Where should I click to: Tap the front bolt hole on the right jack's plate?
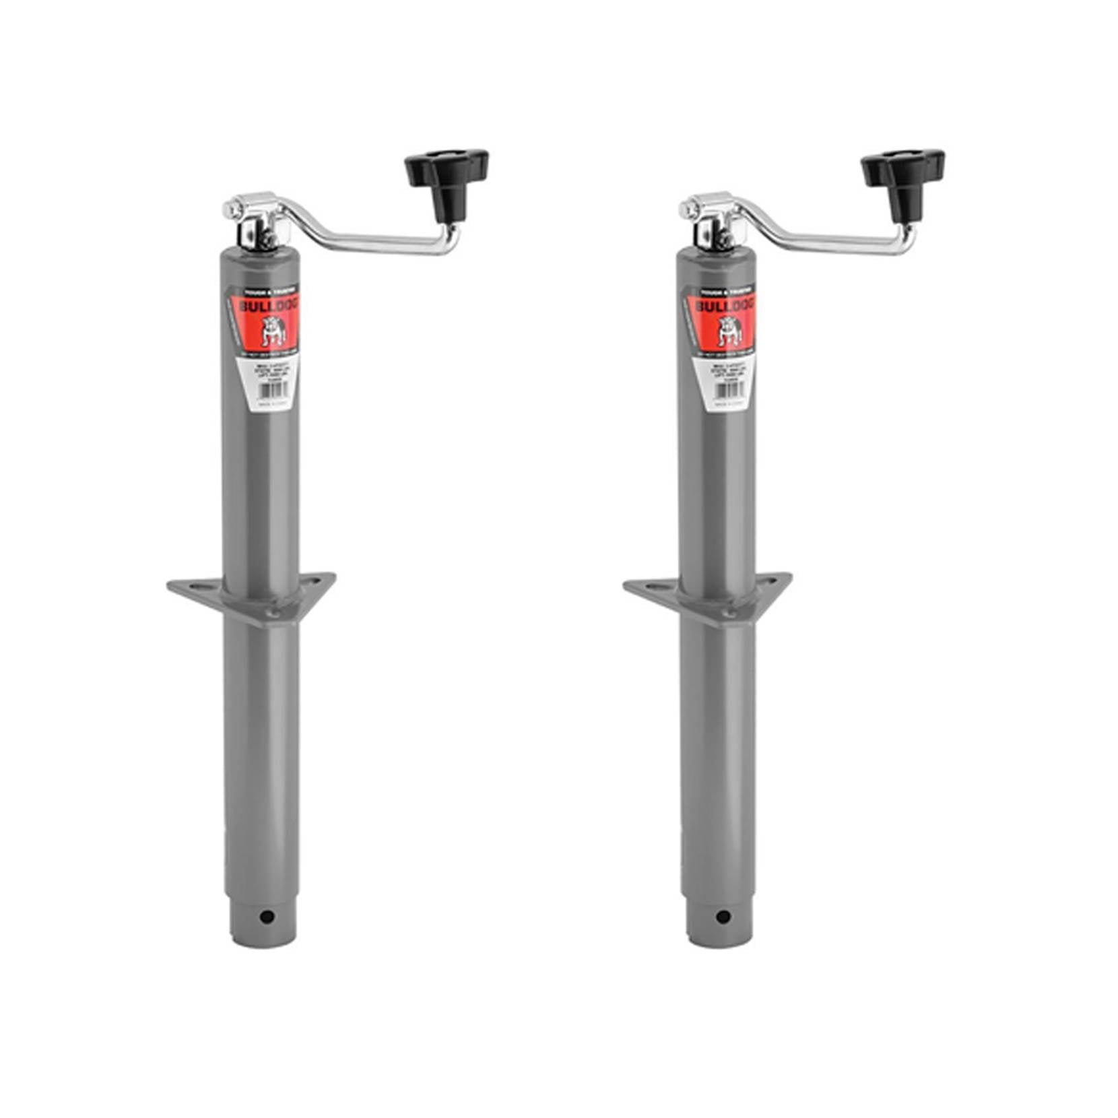coord(729,614)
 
